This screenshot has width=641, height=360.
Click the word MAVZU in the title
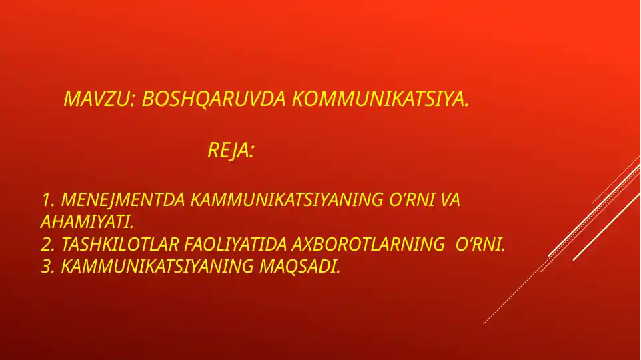98,99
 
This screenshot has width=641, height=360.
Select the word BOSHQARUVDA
215,99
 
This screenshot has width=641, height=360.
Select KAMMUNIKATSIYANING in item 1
287,200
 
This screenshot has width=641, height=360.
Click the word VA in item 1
451,200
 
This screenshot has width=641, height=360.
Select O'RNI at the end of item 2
480,245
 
